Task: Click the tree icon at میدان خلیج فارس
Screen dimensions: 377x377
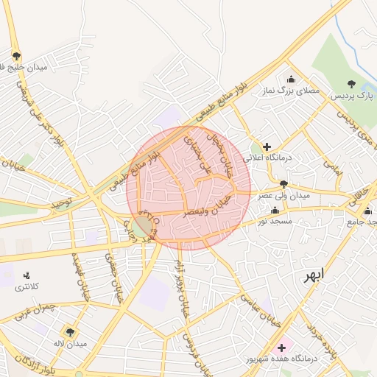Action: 16,56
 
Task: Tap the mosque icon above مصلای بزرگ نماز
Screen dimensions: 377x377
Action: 292,80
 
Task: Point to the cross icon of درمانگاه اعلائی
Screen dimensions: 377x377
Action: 267,147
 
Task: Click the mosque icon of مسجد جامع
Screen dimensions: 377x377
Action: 367,211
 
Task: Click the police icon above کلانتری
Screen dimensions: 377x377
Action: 27,275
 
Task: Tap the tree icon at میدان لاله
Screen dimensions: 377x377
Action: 71,331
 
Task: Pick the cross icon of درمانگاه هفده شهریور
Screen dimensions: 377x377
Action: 281,346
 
